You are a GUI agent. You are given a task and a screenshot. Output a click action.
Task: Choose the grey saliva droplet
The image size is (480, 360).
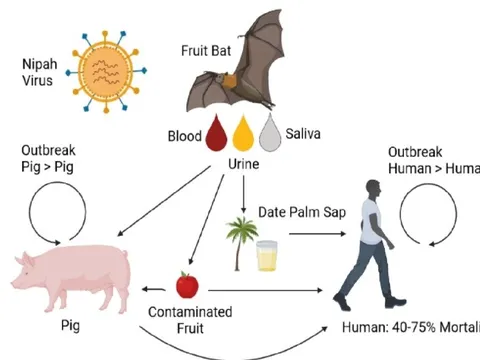(271, 134)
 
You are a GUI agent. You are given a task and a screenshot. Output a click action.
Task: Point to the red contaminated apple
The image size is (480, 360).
(186, 285)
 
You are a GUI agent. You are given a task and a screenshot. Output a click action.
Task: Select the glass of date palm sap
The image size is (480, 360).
(267, 256)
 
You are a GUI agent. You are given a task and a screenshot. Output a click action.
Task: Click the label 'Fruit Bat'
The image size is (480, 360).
(207, 49)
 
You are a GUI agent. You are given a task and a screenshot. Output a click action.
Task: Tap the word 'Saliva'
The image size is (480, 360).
(304, 132)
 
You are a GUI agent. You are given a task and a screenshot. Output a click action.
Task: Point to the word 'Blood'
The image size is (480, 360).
(183, 134)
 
